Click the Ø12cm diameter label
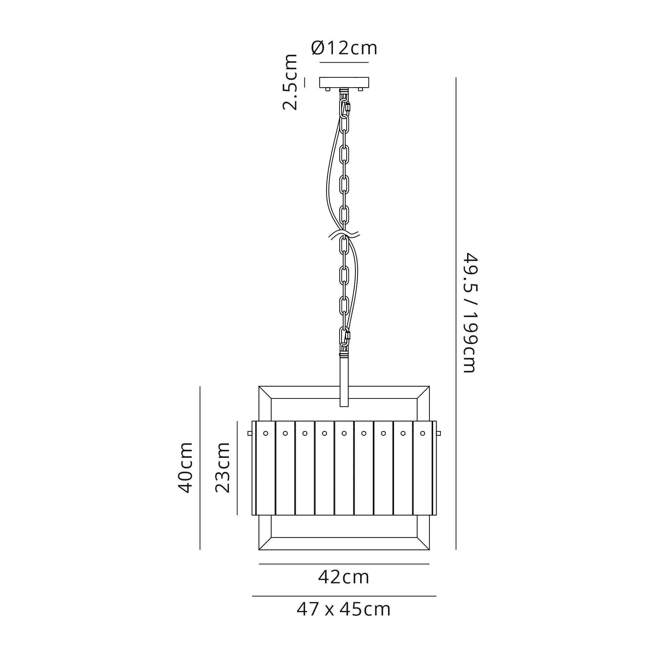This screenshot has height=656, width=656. [344, 48]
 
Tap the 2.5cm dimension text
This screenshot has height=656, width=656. [290, 82]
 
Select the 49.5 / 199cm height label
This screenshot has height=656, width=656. [471, 313]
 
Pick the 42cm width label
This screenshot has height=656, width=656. [344, 577]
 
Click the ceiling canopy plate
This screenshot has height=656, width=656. [344, 83]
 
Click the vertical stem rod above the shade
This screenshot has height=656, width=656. [344, 380]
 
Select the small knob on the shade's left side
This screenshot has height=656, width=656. [250, 433]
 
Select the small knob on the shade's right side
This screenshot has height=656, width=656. [438, 433]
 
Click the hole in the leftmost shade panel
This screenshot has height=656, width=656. [266, 433]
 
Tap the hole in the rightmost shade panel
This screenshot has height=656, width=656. [422, 433]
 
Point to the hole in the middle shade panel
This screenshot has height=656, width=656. [344, 433]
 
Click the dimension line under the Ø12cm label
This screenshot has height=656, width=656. [344, 62]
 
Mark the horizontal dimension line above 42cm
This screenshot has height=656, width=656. [344, 564]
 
